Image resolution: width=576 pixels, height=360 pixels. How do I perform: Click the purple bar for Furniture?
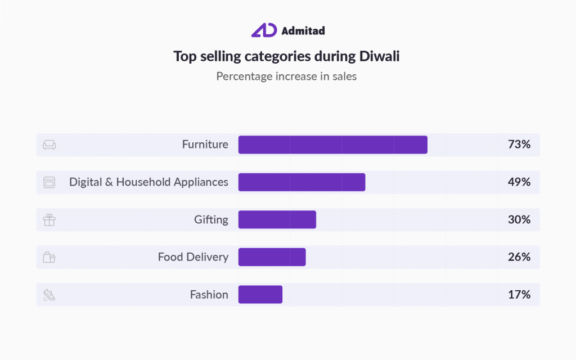point(332,145)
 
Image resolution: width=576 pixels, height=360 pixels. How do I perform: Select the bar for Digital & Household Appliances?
point(301,182)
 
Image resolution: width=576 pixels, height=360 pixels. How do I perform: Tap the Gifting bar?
point(277,219)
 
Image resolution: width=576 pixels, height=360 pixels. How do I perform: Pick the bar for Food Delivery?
point(272,257)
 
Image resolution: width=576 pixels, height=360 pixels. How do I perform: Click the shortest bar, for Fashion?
point(260,295)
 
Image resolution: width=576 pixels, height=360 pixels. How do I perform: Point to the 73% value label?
point(519,145)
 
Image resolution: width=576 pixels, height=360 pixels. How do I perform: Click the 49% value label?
point(519,182)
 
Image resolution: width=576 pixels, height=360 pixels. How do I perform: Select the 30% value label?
point(519,219)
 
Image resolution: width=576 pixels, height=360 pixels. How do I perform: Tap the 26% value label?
point(519,257)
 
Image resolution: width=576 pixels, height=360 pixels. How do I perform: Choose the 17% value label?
point(519,295)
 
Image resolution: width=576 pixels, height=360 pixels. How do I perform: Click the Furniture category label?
point(205,145)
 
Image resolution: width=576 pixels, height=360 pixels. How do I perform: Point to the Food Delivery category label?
point(193,257)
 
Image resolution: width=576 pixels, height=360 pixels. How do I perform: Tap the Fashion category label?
point(209,295)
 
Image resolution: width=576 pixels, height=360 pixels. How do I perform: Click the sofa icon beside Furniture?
point(49,145)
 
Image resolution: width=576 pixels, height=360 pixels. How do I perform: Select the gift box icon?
point(49,220)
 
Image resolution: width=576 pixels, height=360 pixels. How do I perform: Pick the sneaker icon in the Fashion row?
point(49,295)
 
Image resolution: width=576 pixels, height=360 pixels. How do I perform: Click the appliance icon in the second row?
point(49,182)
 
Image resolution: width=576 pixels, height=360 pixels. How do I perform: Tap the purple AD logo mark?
point(264,30)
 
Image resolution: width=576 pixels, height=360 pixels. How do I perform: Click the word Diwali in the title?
point(378,56)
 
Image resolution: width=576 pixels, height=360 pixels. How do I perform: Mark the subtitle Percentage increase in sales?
point(286,76)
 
